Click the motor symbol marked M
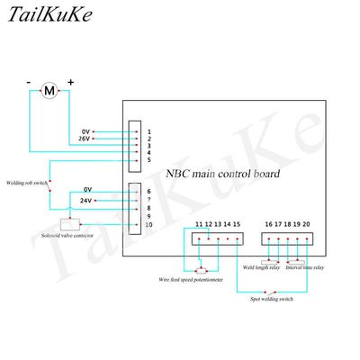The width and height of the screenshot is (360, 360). coord(50,90)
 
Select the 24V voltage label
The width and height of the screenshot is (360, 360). coord(87,200)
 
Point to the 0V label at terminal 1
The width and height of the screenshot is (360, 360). coord(86,131)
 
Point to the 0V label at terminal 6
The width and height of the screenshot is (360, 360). coord(87,189)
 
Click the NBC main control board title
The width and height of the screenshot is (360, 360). coord(223,173)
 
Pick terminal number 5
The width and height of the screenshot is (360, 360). coord(148,160)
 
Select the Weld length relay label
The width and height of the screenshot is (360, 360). coord(261,267)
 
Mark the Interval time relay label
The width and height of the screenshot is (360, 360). coord(306,267)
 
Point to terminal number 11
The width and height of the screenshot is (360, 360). coord(198,223)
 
